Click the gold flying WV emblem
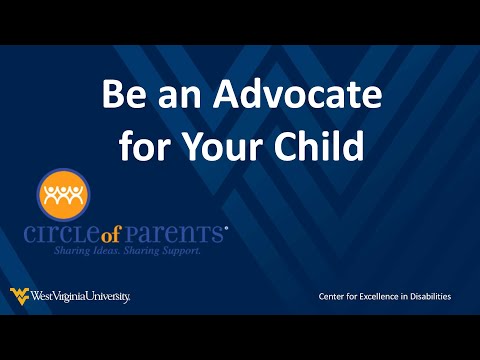click(x=19, y=295)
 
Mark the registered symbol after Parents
click(x=226, y=227)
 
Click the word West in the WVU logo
click(x=41, y=296)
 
